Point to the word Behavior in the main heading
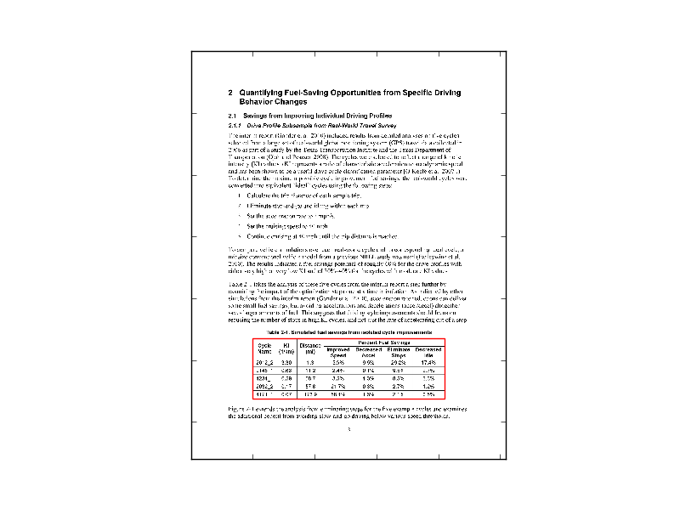tap(258, 101)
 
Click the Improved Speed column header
tap(338, 351)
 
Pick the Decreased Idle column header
tap(428, 351)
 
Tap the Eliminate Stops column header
tap(399, 351)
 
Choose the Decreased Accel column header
tap(368, 351)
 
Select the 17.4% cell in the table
tap(429, 362)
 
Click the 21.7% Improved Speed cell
tap(338, 386)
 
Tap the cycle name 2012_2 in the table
tap(264, 362)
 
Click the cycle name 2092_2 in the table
tap(264, 386)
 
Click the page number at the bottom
tap(349, 429)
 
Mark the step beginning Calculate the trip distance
tap(293, 195)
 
